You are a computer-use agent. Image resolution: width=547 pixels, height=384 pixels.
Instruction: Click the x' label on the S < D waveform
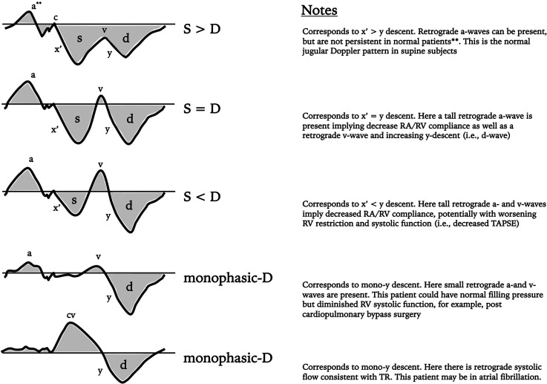click(x=56, y=208)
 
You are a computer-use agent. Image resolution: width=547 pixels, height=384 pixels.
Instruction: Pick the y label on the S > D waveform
click(x=109, y=53)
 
